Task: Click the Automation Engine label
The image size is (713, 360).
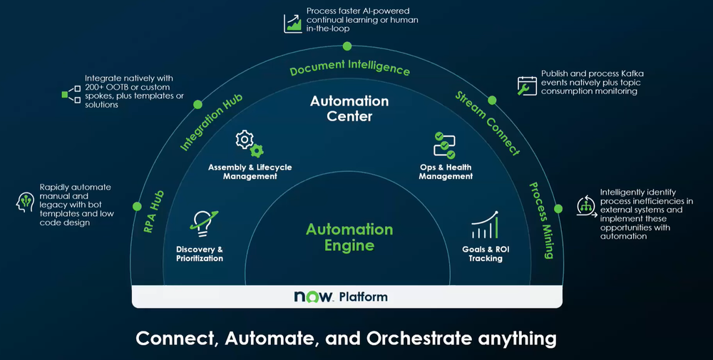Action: [349, 237]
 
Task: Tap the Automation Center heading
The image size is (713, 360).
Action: [349, 108]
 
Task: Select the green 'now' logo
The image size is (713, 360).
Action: [313, 297]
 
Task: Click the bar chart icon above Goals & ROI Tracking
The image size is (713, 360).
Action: [485, 225]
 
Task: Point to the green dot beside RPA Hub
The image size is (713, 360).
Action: [137, 206]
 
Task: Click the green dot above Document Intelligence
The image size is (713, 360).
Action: [347, 46]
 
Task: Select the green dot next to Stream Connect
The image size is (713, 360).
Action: [492, 100]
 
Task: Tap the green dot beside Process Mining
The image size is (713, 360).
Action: [558, 209]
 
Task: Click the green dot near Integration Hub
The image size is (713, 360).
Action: [198, 105]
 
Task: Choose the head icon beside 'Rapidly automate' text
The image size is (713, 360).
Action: [25, 202]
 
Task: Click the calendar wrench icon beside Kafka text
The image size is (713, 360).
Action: [527, 86]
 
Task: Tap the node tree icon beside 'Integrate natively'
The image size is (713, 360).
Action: [71, 94]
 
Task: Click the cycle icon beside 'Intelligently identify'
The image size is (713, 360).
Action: [586, 206]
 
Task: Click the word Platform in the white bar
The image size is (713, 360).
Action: [364, 297]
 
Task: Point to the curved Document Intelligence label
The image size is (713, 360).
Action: [349, 67]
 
